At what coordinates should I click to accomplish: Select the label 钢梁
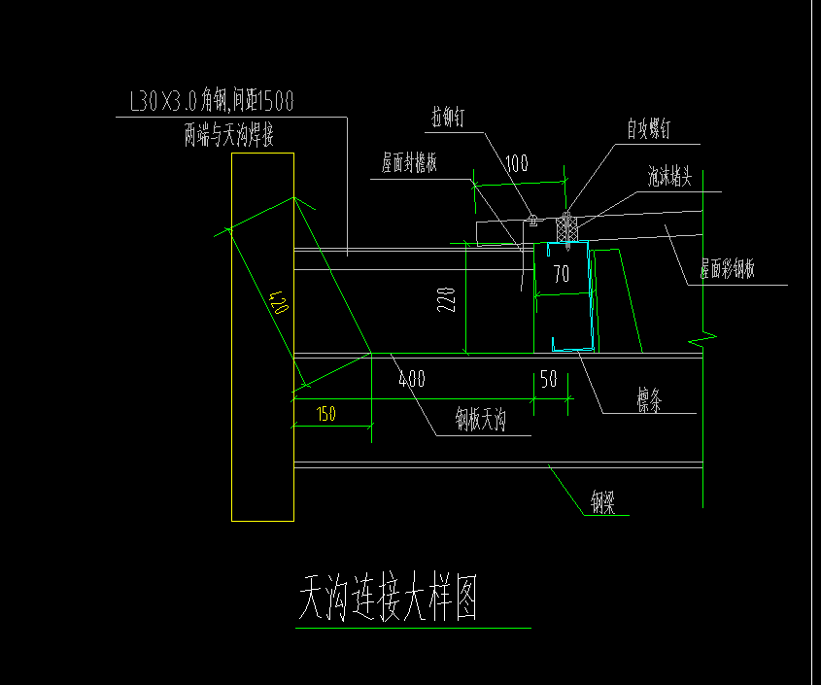click(609, 502)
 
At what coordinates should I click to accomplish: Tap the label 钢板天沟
click(482, 420)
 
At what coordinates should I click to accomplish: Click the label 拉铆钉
click(449, 117)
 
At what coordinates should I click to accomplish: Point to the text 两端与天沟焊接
click(228, 135)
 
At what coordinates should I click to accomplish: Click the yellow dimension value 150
click(326, 414)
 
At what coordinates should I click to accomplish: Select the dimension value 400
click(412, 379)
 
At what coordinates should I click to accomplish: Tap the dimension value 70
click(561, 275)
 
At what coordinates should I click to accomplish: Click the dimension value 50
click(549, 380)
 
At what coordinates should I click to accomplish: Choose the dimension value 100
click(517, 164)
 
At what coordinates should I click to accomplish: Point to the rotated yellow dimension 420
click(278, 307)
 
